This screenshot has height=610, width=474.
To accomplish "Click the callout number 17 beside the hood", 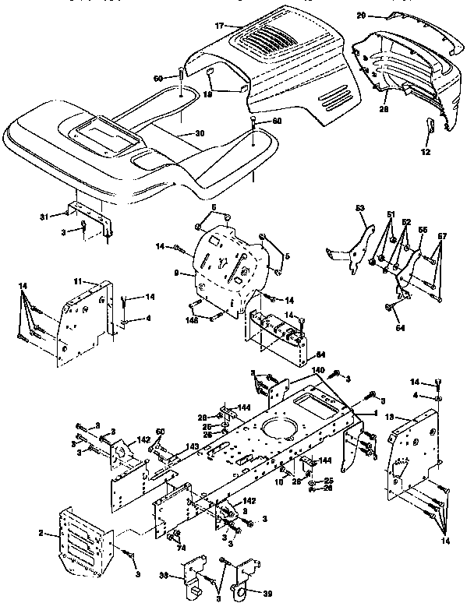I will click(221, 26).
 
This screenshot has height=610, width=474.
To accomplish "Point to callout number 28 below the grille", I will click(384, 110).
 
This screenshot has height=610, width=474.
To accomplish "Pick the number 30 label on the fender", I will click(200, 133).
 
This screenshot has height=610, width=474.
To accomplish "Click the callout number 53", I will click(359, 208).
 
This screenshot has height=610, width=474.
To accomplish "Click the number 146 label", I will click(189, 319).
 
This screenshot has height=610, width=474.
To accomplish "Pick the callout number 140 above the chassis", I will click(317, 370).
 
